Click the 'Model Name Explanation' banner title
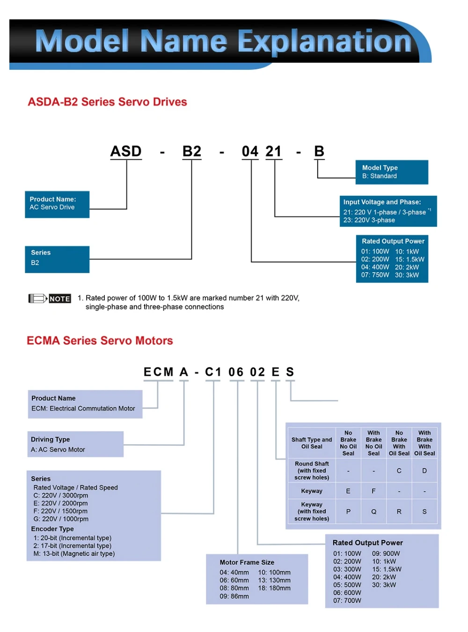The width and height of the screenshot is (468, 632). pos(223,41)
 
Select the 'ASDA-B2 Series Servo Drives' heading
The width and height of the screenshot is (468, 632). pos(107,102)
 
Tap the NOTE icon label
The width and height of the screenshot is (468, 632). pos(59,298)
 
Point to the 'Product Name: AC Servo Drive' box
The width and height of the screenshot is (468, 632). pos(57,204)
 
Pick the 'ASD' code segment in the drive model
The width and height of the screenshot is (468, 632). pos(126,151)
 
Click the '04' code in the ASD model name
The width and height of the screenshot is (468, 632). pos(250,151)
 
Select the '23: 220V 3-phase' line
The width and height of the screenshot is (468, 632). pos(369,220)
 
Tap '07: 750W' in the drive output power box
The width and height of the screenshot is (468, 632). pos(375,275)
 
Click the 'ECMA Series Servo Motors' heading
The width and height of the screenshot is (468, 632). pos(100,341)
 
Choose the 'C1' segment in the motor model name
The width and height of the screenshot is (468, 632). pos(213,372)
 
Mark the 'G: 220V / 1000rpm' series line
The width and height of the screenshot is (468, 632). pos(61,519)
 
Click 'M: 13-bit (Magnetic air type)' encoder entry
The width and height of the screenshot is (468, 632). pos(74,554)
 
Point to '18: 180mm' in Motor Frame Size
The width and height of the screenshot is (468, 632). pos(274,588)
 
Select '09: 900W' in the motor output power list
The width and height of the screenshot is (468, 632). pos(386,553)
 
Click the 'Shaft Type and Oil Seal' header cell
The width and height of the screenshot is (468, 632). pos(312,443)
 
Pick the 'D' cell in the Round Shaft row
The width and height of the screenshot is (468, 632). pos(424,471)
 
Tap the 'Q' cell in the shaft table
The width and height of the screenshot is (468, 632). pos(373,512)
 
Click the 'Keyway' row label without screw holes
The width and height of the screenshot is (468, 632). pos(312,491)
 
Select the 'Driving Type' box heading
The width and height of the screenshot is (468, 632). pos(51,439)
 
